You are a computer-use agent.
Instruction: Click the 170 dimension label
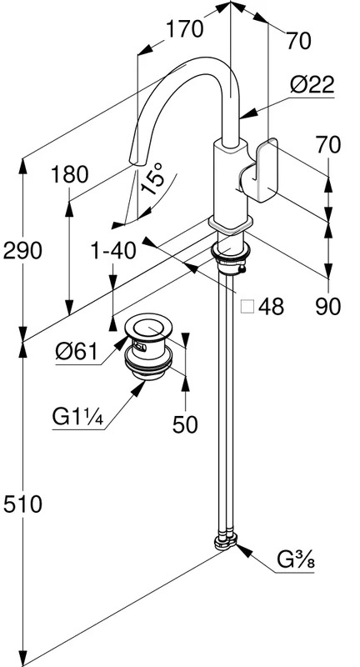(184, 30)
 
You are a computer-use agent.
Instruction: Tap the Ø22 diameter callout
(312, 85)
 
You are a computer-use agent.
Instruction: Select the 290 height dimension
(22, 251)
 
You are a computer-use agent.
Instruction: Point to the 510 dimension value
(22, 504)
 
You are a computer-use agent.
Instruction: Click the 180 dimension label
(70, 175)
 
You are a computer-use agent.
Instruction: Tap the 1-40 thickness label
(113, 251)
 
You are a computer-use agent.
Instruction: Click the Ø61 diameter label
(77, 352)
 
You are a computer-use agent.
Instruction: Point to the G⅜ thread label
(296, 560)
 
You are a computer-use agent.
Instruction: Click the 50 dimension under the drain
(185, 424)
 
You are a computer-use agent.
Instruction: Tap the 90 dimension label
(328, 306)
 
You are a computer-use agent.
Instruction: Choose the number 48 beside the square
(271, 306)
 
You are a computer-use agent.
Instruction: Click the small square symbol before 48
(247, 306)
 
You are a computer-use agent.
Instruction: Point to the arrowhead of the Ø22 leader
(248, 113)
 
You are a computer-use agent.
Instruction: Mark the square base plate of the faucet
(230, 224)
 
